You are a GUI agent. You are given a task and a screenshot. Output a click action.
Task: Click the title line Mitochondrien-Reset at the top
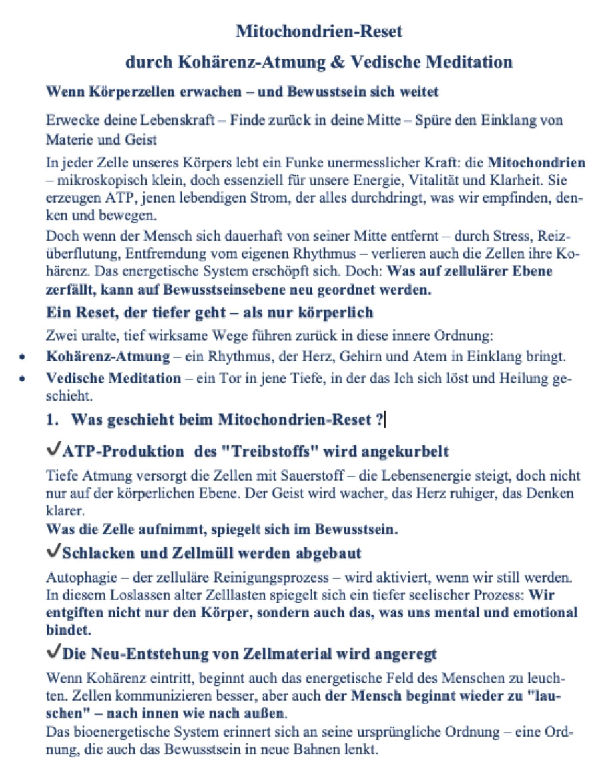click(x=319, y=31)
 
